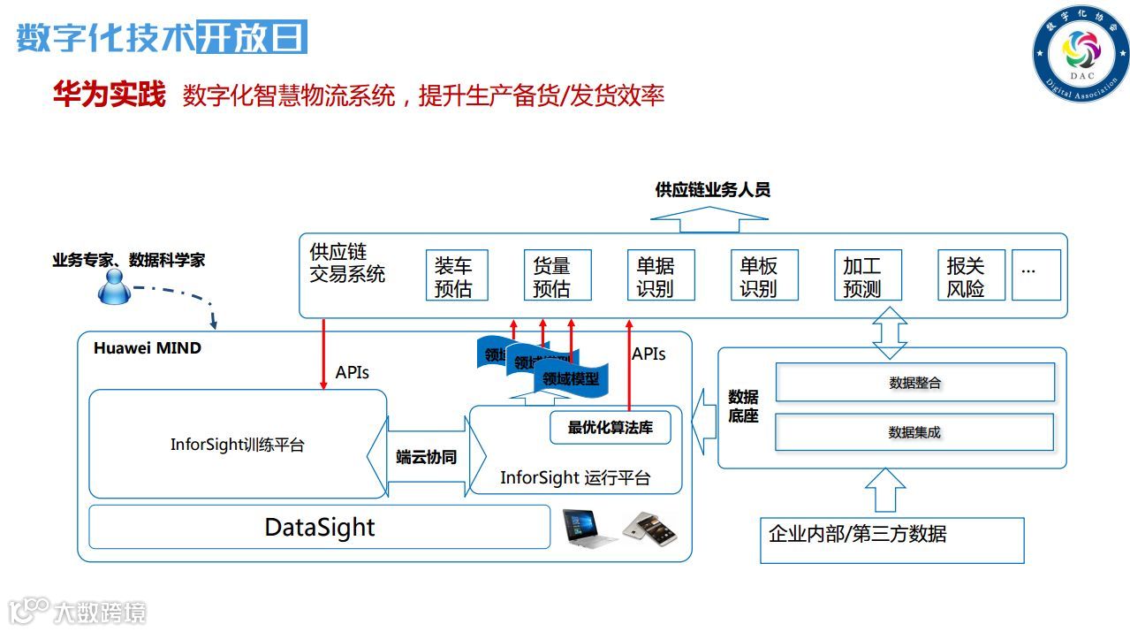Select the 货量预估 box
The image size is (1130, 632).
(x=557, y=276)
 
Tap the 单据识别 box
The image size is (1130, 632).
(x=661, y=276)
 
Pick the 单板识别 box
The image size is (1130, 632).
(x=764, y=276)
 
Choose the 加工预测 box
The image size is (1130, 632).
(x=868, y=276)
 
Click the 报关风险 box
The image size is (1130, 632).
(x=970, y=276)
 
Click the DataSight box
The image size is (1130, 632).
(x=319, y=528)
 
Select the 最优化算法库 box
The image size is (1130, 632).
(x=611, y=428)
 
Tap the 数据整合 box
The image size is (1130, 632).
(x=914, y=383)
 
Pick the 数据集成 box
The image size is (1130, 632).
(x=914, y=432)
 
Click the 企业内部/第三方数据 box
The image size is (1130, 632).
(x=891, y=540)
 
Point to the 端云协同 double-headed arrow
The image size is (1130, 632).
(x=427, y=457)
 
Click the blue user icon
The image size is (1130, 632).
(x=115, y=286)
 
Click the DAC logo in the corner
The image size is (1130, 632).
(x=1081, y=53)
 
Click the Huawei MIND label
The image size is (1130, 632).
(x=148, y=348)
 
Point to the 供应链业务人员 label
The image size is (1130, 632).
(x=712, y=190)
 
